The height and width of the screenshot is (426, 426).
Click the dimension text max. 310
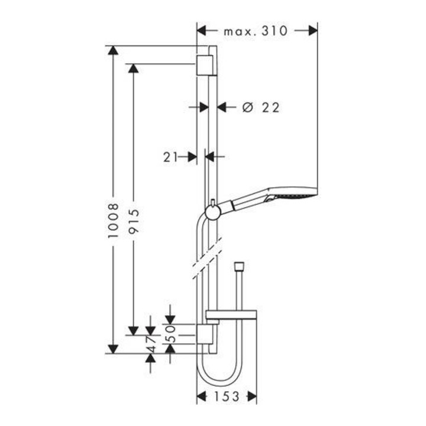click(x=255, y=31)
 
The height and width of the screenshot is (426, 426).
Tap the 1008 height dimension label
click(x=113, y=221)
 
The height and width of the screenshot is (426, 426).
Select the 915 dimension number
click(x=133, y=221)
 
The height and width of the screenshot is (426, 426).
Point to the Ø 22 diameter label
click(x=260, y=108)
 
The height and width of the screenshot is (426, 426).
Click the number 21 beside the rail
click(x=170, y=157)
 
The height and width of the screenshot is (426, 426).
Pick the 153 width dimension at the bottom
click(x=227, y=396)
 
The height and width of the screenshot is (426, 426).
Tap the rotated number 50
click(x=170, y=334)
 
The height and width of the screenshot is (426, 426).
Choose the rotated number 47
click(x=151, y=344)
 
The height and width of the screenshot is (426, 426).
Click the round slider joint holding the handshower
click(x=213, y=212)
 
